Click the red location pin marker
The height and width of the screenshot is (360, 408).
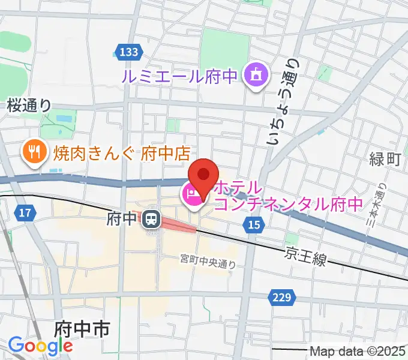203,175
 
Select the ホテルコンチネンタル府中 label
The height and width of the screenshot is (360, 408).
288,196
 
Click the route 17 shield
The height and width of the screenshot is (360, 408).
25,212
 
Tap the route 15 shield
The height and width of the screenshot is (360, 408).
254,224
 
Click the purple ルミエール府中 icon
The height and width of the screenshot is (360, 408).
255,76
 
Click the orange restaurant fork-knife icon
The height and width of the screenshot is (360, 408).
34,152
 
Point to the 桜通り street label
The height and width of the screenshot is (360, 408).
29,106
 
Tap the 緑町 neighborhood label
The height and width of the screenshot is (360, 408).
385,159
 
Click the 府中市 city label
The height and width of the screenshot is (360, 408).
82,329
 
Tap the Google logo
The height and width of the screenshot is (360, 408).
40,346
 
